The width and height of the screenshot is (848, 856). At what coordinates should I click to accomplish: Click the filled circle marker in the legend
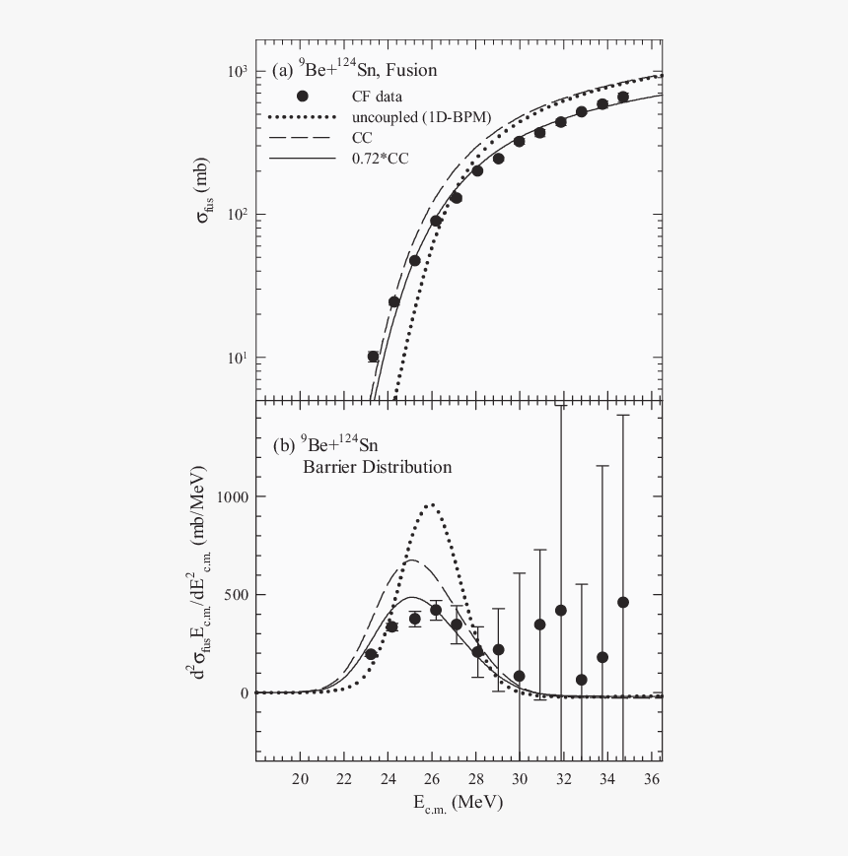[303, 96]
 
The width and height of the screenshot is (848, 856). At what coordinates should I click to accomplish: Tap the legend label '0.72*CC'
[375, 157]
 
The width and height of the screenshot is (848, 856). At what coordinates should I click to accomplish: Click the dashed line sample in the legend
[303, 137]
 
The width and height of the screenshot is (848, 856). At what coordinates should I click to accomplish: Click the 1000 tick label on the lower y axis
[230, 497]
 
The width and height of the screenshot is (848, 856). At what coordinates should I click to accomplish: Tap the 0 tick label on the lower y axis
[242, 692]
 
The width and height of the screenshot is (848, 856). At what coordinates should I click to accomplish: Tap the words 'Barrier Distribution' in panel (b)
[377, 467]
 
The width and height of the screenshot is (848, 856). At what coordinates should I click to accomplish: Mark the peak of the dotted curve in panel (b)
[431, 504]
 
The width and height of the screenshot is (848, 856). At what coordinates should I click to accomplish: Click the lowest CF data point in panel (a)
[373, 357]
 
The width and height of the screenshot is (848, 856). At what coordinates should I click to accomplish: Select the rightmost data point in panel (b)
[623, 602]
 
